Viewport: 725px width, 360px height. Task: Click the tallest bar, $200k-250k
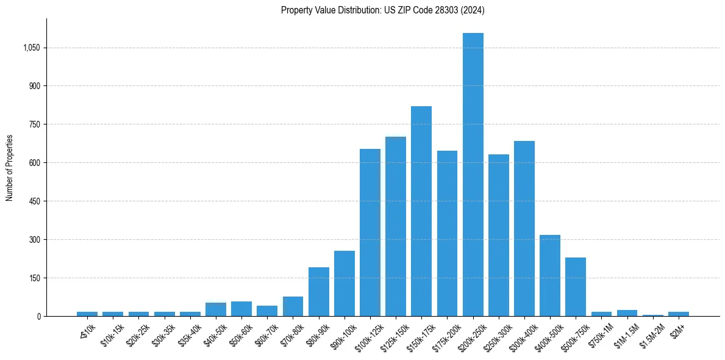(473, 175)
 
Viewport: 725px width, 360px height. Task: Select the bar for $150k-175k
(421, 211)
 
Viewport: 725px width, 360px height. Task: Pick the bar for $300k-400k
(524, 228)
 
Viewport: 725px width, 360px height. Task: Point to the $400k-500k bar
(550, 275)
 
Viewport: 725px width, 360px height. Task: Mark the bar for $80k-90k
(318, 292)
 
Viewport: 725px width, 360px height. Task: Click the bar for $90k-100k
(345, 283)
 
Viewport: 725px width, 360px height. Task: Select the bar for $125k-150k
(396, 226)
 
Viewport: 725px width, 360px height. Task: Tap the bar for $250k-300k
(499, 235)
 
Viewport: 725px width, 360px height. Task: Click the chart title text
(383, 10)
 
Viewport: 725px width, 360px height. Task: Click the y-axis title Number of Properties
(10, 167)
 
